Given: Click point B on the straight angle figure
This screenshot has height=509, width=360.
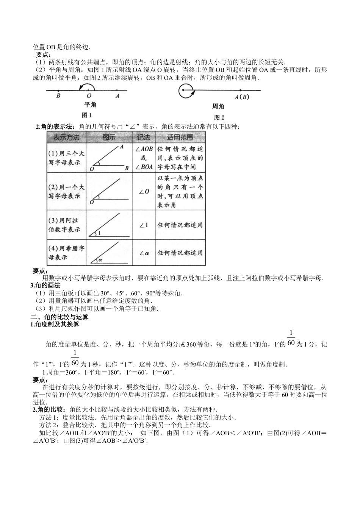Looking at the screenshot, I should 58,91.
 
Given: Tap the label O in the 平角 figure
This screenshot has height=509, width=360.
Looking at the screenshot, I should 89,96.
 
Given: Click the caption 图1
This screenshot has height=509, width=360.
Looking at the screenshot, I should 87,115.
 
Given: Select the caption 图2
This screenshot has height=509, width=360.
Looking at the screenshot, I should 219,117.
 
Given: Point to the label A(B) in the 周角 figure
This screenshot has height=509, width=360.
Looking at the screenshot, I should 242,97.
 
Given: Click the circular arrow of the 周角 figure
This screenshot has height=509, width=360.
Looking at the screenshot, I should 186,91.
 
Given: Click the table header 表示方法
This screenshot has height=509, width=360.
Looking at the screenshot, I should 66,137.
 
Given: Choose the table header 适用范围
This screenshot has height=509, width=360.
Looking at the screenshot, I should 180,137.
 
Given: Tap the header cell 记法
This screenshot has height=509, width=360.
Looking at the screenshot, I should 144,137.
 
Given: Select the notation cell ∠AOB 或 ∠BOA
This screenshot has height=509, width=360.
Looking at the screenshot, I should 144,158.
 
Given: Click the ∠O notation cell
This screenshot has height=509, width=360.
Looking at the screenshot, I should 144,192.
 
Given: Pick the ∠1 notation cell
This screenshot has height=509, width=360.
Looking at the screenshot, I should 144,225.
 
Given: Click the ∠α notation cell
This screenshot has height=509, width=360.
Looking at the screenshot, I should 144,253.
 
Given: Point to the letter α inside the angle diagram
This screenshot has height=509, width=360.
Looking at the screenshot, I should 100,260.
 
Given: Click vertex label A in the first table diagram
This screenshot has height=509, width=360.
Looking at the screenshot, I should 121,147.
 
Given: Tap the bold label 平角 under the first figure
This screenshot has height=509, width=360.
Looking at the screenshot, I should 90,105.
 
